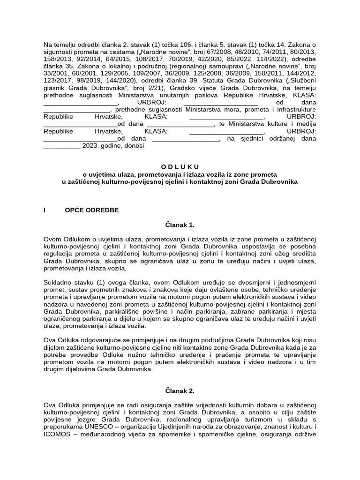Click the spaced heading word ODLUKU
pyautogui.click(x=180, y=167)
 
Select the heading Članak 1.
pyautogui.click(x=180, y=225)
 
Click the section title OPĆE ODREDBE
pyautogui.click(x=92, y=210)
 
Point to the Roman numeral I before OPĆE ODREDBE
pyautogui.click(x=45, y=210)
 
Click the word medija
pyautogui.click(x=306, y=124)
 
